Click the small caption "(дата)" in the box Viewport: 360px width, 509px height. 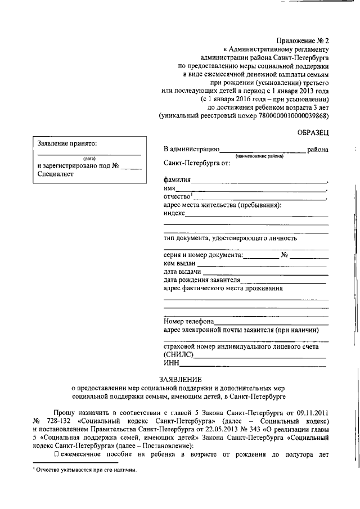[89, 159]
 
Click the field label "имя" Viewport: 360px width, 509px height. [169, 189]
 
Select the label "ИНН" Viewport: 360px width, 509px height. [170, 365]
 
